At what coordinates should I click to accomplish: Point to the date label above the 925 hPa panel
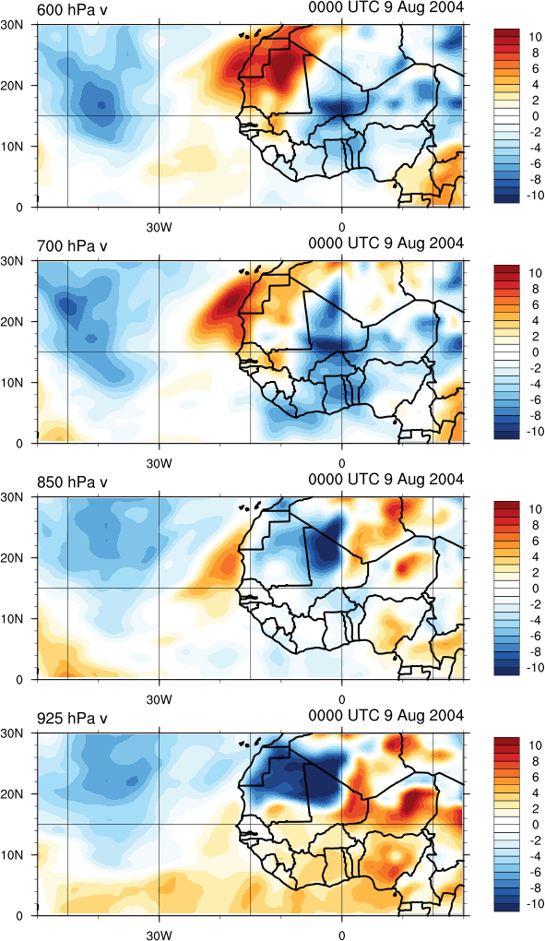386,715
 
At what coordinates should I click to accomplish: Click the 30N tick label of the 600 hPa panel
12,25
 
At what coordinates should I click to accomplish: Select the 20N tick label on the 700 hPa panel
12,322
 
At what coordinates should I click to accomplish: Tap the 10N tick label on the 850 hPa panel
12,618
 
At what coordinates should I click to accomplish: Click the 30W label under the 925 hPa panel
160,935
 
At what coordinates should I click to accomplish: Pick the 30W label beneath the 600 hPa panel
160,228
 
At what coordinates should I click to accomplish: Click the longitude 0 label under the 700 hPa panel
342,463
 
